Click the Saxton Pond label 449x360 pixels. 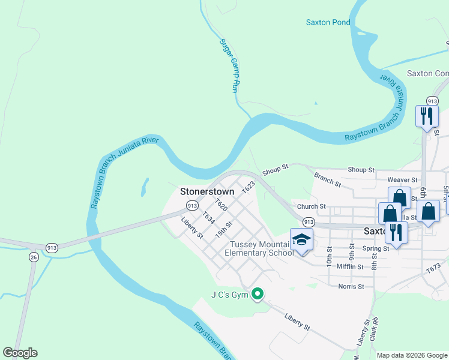point(328,22)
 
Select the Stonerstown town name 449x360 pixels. point(207,192)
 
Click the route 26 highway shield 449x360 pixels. point(34,257)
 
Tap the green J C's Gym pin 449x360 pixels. point(258,294)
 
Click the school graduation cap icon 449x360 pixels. point(301,240)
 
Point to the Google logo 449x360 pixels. point(20,353)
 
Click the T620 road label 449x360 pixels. point(220,206)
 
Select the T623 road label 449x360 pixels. point(249,187)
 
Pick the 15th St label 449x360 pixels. point(223,228)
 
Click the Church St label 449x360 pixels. point(315,206)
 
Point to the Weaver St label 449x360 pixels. point(402,179)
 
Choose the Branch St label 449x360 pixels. point(327,179)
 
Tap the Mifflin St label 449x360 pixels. point(351,266)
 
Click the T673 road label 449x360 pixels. point(433,269)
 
